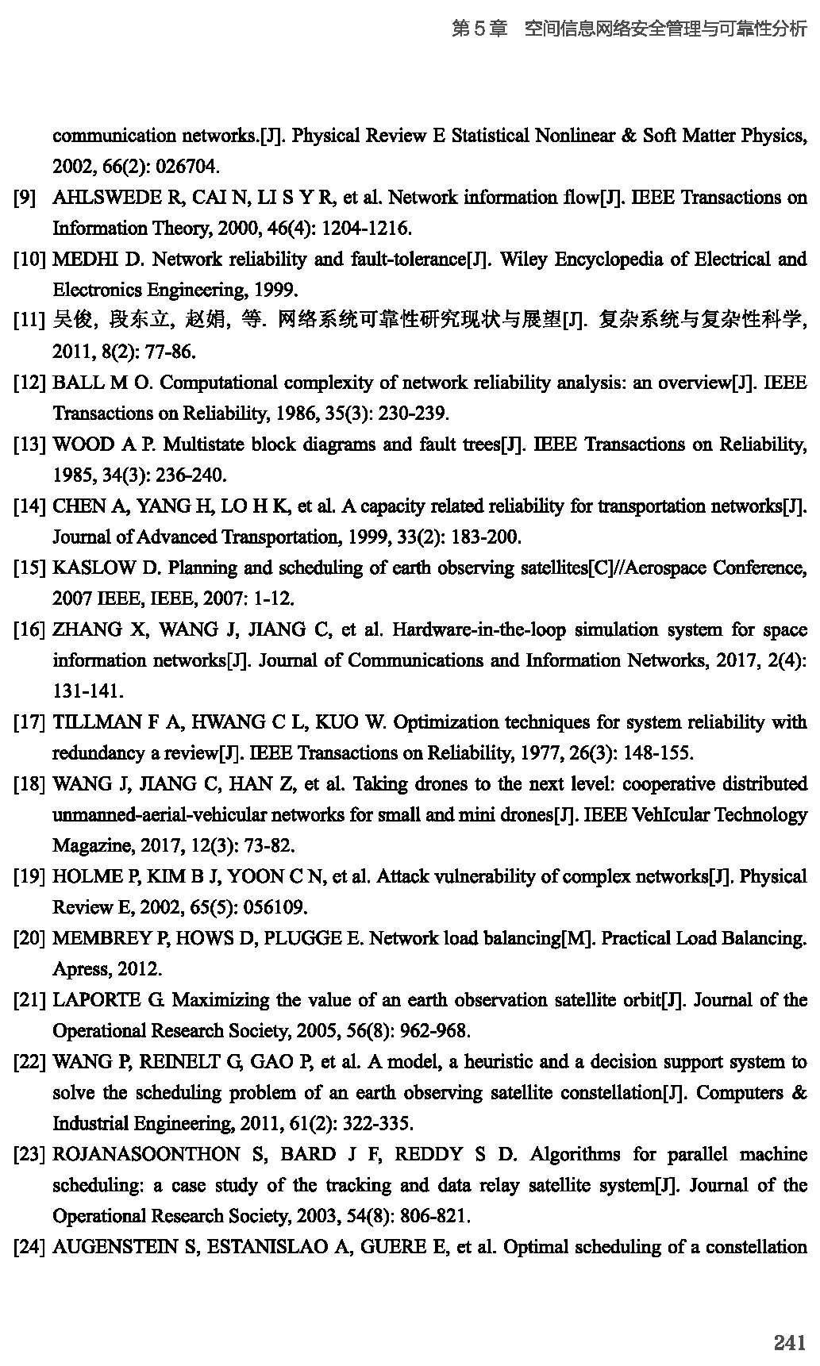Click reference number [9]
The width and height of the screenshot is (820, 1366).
pyautogui.click(x=25, y=198)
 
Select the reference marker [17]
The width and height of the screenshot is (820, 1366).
pyautogui.click(x=29, y=722)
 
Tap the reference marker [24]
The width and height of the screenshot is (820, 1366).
pyautogui.click(x=29, y=1247)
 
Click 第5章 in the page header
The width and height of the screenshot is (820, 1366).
pyautogui.click(x=479, y=29)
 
